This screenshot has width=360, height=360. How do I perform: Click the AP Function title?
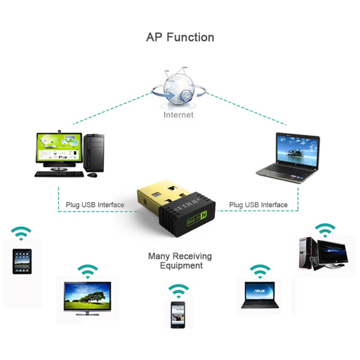click(180, 37)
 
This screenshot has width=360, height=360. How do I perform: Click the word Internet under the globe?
click(178, 115)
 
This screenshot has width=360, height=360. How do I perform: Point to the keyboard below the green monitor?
click(59, 174)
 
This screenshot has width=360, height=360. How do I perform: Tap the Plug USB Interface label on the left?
click(95, 205)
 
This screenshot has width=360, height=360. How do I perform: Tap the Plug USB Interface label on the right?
click(258, 205)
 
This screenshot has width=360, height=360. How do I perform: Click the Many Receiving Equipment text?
click(180, 261)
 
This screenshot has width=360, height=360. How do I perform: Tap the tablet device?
click(22, 261)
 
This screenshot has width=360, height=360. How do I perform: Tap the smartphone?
click(178, 315)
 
